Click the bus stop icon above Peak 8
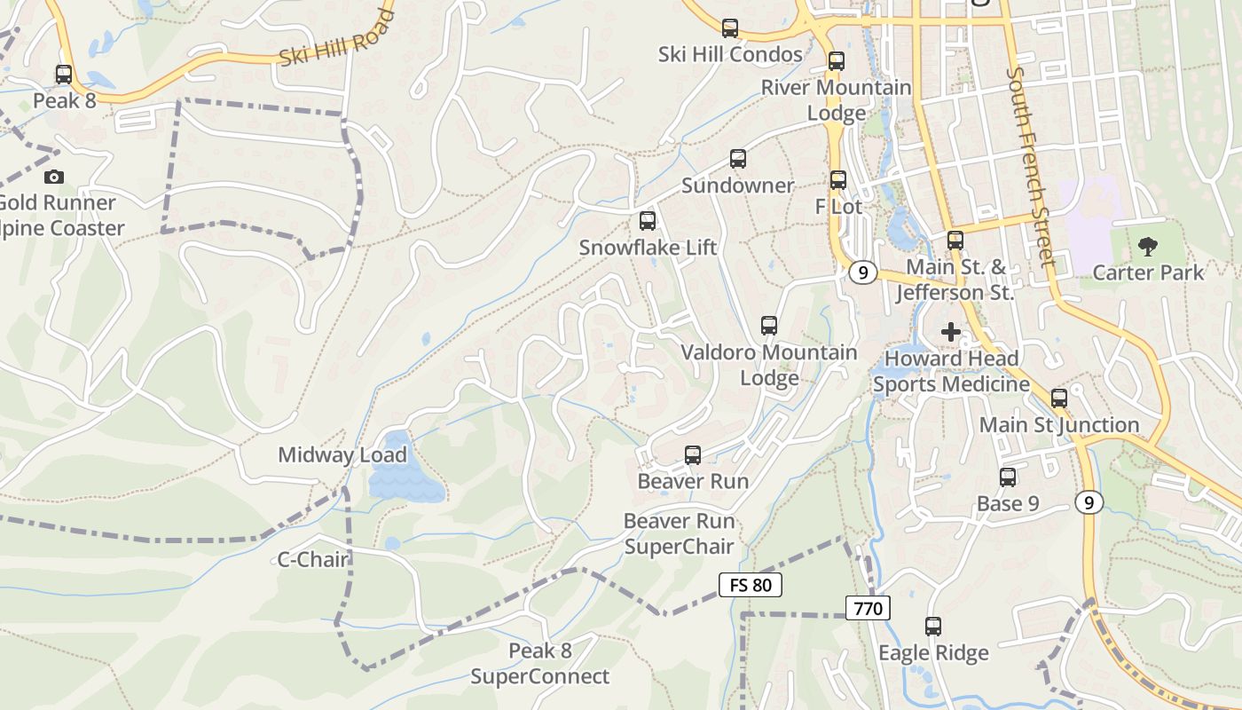point(64,75)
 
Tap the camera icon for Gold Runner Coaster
point(54,177)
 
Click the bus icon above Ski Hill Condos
point(730,28)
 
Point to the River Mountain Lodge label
point(837,100)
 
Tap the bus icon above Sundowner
point(738,160)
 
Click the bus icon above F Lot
point(838,180)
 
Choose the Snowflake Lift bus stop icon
point(648,221)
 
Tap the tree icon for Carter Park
point(1148,247)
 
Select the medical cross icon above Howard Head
point(951,333)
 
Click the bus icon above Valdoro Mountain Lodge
point(769,326)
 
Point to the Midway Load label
point(342,455)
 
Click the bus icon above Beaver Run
point(693,455)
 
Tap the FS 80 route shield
point(750,585)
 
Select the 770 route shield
point(868,609)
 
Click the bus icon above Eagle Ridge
point(933,627)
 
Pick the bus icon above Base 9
point(1008,477)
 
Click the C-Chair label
point(313,560)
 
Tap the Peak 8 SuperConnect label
point(539,664)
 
